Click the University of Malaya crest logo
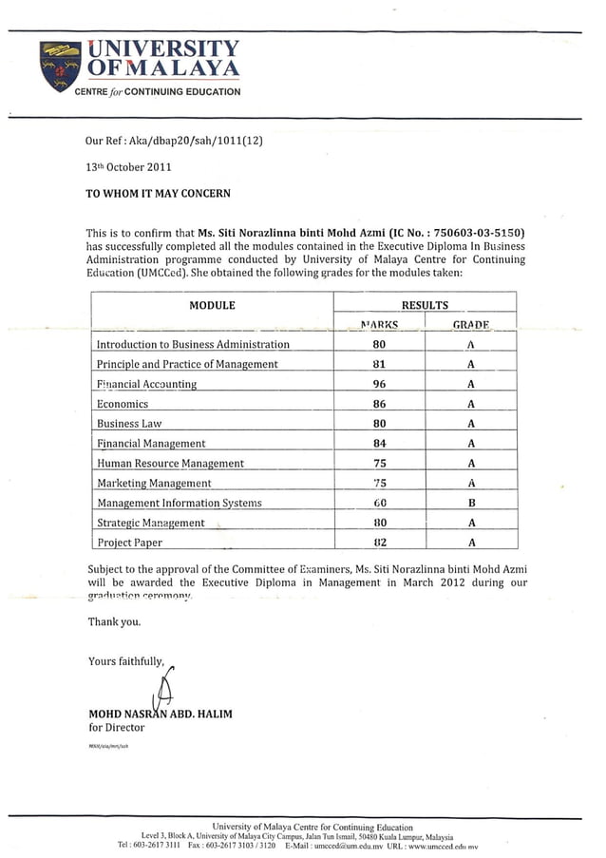pos(60,64)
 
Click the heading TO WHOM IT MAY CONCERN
pos(158,192)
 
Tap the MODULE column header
pos(212,306)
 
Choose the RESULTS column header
pos(425,306)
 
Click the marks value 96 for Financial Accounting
pos(379,384)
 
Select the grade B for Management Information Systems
pos(471,503)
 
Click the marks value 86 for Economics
pos(379,404)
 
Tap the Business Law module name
pos(129,424)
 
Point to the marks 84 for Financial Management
pos(379,443)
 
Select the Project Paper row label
pos(129,543)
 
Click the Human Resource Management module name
pos(170,463)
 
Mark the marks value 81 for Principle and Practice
pos(379,364)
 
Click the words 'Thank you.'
pos(114,622)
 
